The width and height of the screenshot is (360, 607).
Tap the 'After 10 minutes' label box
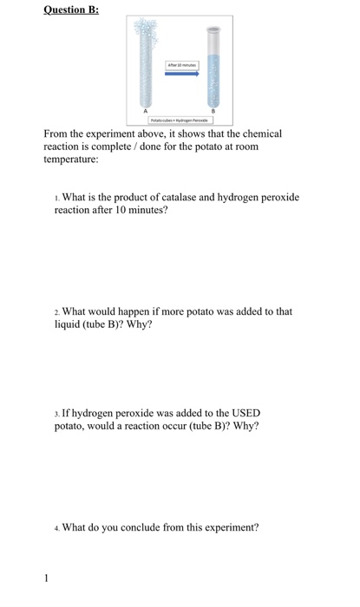(183, 63)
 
